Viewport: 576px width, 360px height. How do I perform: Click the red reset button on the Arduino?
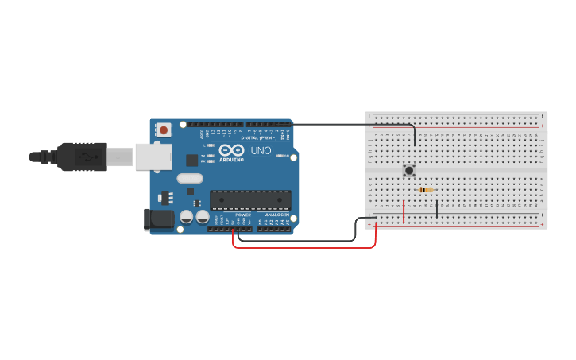pos(164,130)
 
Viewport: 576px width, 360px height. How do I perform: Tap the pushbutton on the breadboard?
pos(409,170)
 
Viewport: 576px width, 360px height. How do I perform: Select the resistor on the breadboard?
pos(426,189)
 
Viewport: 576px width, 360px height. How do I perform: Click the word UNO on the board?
pos(261,150)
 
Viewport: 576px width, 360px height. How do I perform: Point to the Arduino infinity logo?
pos(232,149)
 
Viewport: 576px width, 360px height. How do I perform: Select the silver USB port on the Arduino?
pos(153,157)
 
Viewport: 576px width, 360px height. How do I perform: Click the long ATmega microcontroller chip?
pos(250,200)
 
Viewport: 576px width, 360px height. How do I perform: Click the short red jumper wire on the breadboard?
pos(404,211)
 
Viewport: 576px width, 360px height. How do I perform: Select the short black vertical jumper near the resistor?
pos(436,209)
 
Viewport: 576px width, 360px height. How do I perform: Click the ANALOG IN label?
pos(277,215)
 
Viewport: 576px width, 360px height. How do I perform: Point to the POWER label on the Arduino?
pos(243,215)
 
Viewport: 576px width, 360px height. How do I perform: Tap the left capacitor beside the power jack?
pos(186,216)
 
